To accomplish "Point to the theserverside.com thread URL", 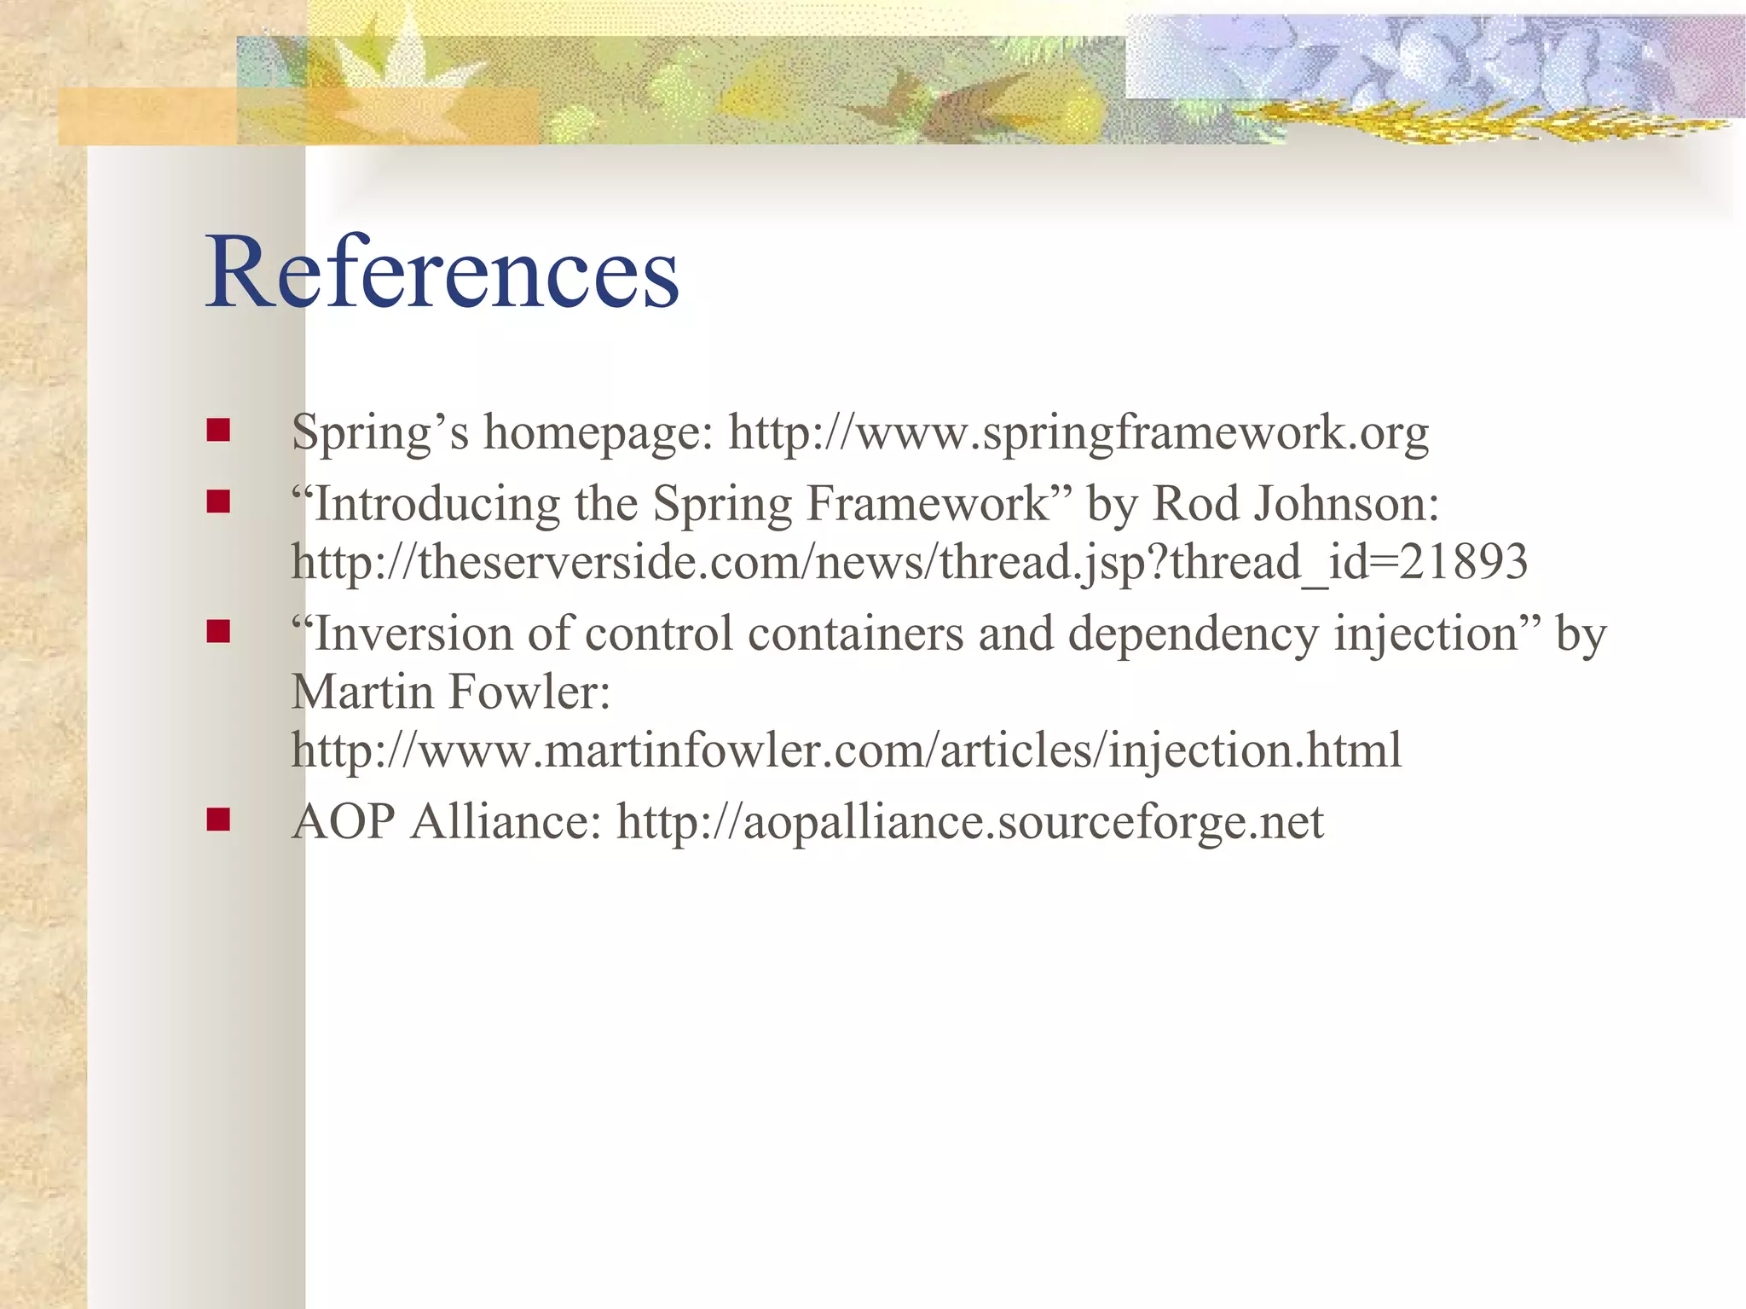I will tap(909, 563).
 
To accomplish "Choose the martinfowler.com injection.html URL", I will tap(846, 750).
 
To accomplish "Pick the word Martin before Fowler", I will tap(362, 692).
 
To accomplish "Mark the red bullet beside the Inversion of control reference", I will tap(218, 632).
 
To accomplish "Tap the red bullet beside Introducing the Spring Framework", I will tap(218, 501).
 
